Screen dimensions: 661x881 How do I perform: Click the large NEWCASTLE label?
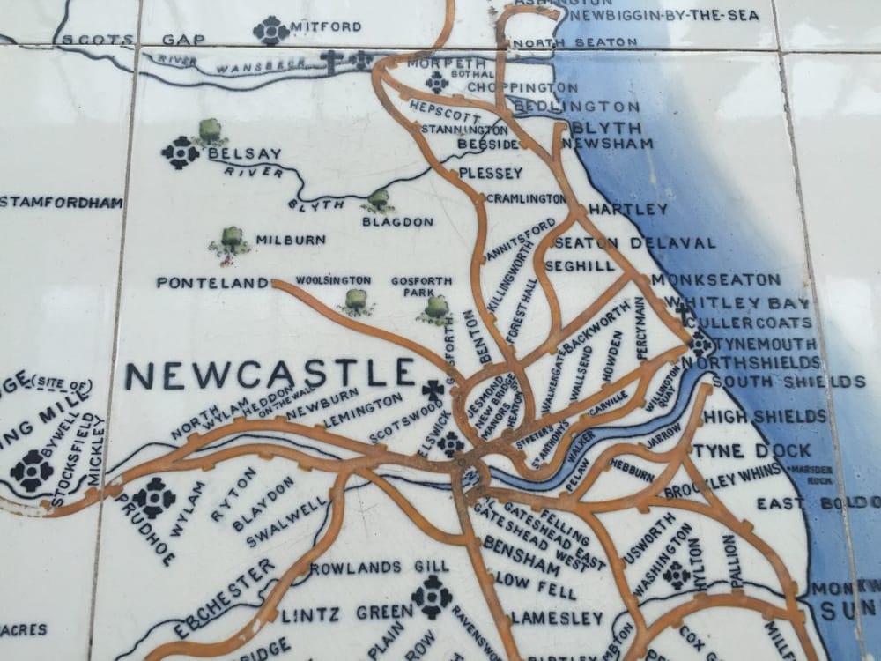coord(269,375)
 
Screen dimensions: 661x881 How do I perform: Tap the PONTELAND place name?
coord(212,283)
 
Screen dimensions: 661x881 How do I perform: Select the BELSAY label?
coord(244,153)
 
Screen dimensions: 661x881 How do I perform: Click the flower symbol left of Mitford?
coord(270,30)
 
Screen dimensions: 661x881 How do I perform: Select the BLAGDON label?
coord(397,221)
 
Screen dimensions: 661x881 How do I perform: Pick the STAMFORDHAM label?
coord(60,203)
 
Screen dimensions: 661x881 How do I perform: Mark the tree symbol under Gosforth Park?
coord(436,309)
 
